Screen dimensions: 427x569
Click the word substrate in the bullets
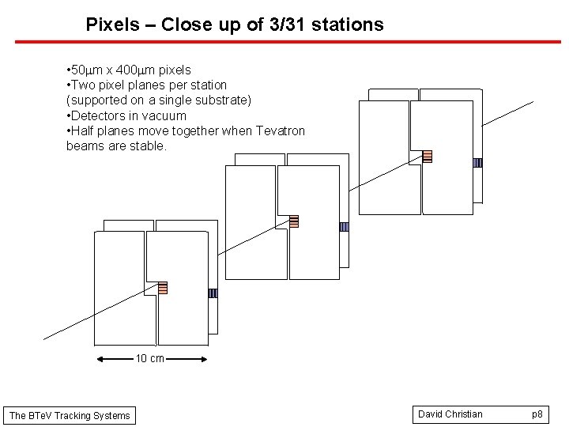pyautogui.click(x=219, y=100)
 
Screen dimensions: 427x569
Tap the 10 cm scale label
pyautogui.click(x=150, y=359)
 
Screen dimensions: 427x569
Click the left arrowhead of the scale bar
pyautogui.click(x=100, y=359)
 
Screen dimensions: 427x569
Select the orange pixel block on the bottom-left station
pyautogui.click(x=163, y=288)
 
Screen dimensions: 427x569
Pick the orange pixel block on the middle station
pyautogui.click(x=293, y=221)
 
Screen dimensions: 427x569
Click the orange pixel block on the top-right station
pyautogui.click(x=427, y=156)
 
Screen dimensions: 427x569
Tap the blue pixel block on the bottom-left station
pyautogui.click(x=213, y=293)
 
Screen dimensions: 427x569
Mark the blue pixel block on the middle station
pyautogui.click(x=344, y=227)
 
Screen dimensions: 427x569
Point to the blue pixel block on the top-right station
pyautogui.click(x=477, y=163)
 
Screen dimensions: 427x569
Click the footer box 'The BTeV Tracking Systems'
pyautogui.click(x=70, y=415)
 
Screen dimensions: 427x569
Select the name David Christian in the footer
pyautogui.click(x=450, y=414)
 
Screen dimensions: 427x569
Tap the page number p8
pyautogui.click(x=537, y=414)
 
